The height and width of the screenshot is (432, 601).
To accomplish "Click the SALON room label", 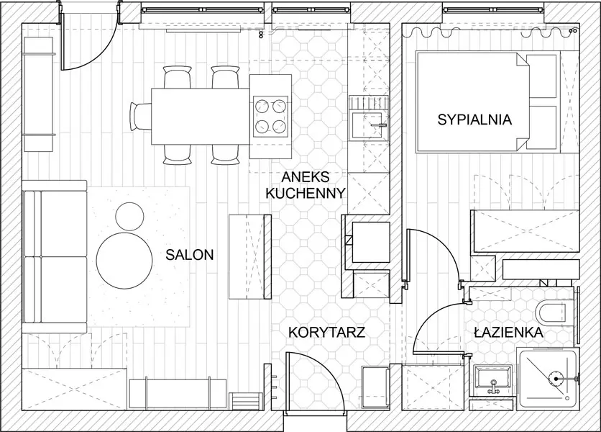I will click(x=189, y=254).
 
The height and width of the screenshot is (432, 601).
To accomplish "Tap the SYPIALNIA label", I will click(x=474, y=120).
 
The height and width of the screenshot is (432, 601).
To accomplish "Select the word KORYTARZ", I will click(x=327, y=332).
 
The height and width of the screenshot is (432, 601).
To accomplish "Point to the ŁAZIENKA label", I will click(x=508, y=333).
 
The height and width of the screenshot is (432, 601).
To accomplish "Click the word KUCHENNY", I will click(x=306, y=193).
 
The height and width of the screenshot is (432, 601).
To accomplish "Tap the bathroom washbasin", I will click(x=492, y=378).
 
